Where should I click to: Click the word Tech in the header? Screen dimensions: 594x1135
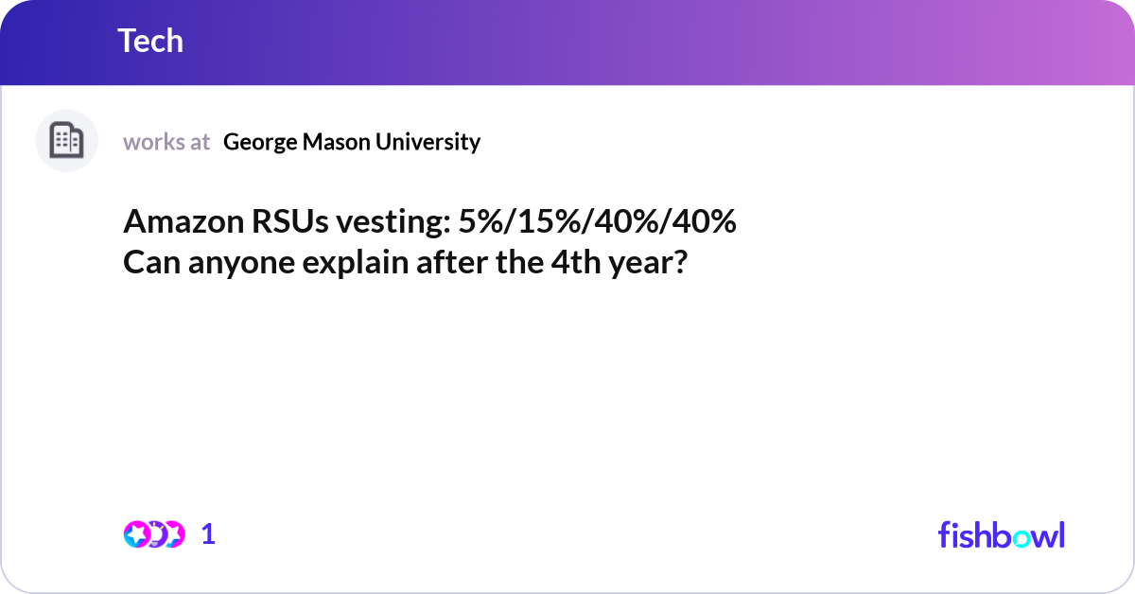[150, 41]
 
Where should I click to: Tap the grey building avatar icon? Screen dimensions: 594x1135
[66, 141]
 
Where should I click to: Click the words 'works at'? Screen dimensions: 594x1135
[166, 142]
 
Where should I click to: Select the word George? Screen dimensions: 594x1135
[258, 142]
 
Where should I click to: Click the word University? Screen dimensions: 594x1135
[428, 142]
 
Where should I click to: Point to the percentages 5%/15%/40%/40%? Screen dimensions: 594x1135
[597, 223]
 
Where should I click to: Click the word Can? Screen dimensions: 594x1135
[150, 262]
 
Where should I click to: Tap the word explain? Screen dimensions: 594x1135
[355, 262]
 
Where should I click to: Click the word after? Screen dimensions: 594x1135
[453, 262]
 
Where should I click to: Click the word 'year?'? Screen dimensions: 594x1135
[647, 262]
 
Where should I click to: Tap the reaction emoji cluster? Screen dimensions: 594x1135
[153, 534]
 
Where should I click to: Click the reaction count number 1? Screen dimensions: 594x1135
[208, 534]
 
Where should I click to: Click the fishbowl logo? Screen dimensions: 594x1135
[1001, 534]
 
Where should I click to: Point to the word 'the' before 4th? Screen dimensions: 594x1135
[518, 262]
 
